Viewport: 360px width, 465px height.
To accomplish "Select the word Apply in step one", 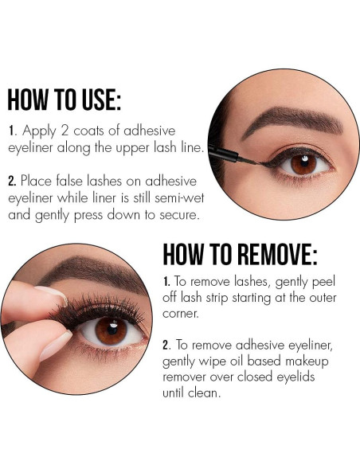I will [42, 131].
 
